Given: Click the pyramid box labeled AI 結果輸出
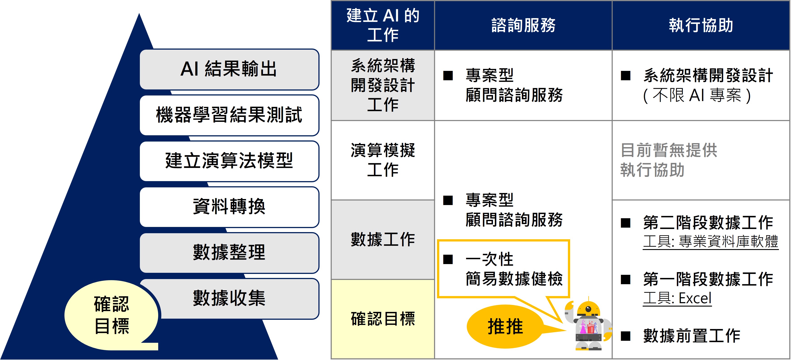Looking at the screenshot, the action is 229,69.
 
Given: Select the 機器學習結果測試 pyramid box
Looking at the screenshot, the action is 229,115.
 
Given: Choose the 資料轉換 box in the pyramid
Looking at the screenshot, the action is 229,207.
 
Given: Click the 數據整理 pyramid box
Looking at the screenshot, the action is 229,253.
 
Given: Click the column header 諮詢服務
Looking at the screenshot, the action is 523,25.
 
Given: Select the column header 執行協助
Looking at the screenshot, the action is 701,25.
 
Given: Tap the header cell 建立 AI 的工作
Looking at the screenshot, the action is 383,25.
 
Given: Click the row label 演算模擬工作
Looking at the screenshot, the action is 383,160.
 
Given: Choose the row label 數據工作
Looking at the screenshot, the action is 383,239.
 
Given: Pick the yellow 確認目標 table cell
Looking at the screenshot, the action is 383,319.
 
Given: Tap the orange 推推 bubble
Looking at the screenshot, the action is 505,326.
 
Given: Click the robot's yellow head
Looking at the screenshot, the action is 588,308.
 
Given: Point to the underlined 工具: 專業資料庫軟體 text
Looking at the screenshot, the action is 710,241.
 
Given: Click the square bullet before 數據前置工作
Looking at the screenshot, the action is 625,336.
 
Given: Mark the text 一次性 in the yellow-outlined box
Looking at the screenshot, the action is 489,259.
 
